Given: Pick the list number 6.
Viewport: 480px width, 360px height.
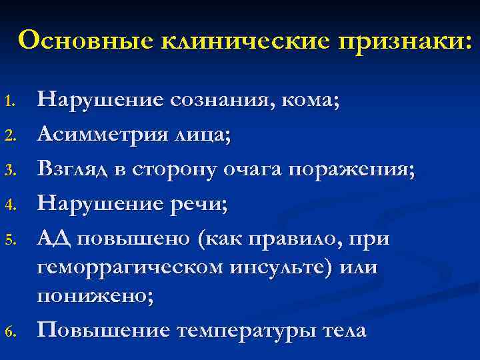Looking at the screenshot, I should click(9, 333).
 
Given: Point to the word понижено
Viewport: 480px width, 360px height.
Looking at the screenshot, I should click(93, 297).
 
